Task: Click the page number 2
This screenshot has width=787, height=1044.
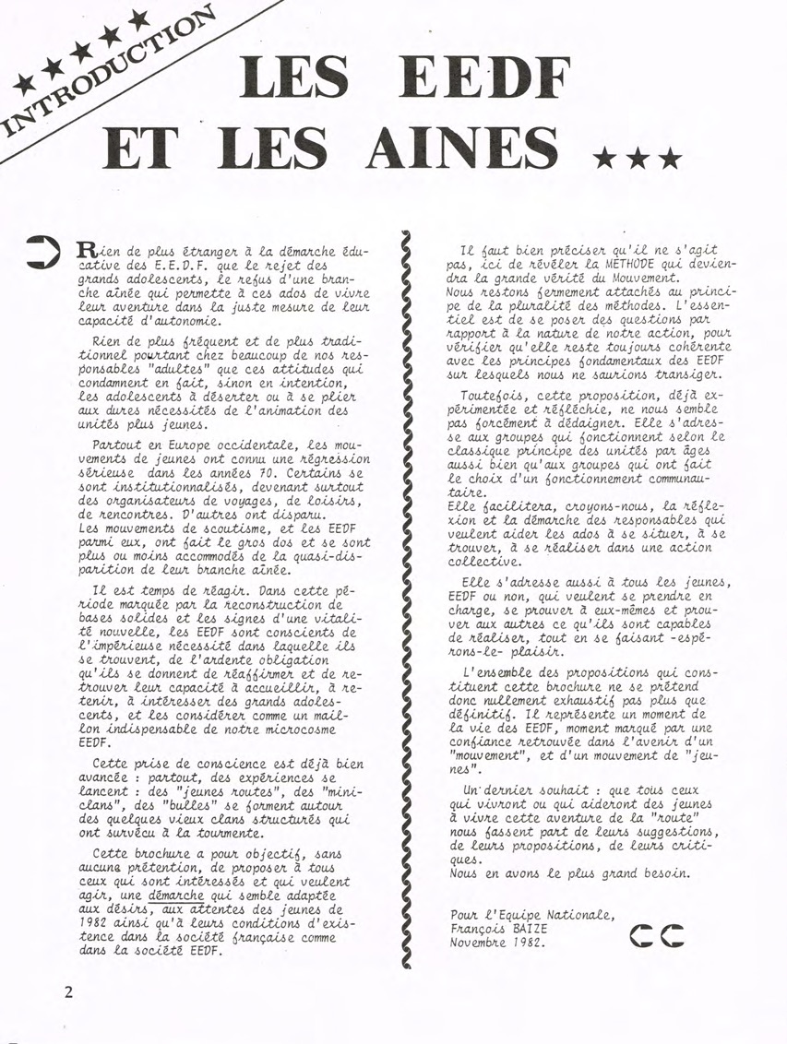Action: click(x=69, y=992)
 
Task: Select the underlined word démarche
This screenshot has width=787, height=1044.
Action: click(x=177, y=893)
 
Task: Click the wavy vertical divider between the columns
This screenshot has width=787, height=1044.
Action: click(x=406, y=599)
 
